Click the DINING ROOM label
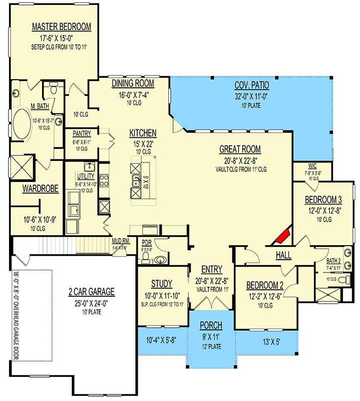133,83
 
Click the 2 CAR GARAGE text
92,292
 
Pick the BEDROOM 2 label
265,285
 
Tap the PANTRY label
81,134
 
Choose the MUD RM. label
121,241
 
